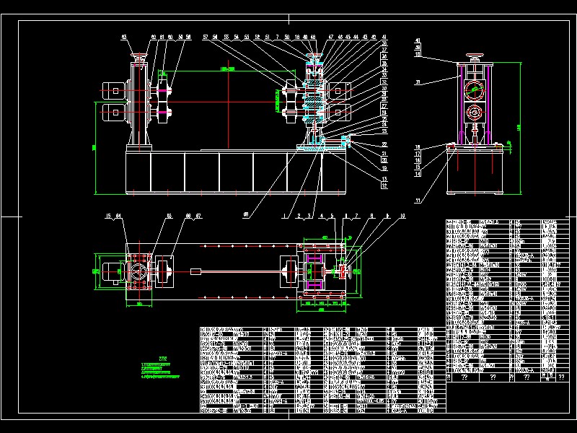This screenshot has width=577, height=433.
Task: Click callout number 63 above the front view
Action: tap(123, 36)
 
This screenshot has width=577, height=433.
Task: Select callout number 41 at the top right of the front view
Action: tap(384, 36)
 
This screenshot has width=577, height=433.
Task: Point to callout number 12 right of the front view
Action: tap(384, 185)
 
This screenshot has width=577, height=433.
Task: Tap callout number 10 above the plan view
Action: tap(402, 216)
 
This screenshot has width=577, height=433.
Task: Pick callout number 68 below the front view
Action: tap(247, 214)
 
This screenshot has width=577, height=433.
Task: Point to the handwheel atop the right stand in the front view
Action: tap(314, 56)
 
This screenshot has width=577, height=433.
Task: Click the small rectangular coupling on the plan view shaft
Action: tap(196, 271)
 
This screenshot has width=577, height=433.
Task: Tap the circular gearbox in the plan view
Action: tap(138, 272)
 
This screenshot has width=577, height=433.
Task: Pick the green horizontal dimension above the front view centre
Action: tap(229, 69)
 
